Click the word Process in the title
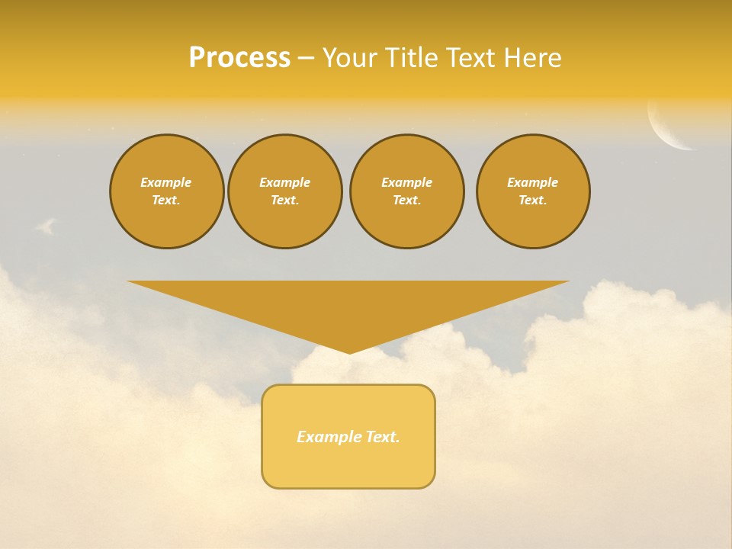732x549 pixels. coord(239,58)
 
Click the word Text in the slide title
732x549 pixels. coord(472,58)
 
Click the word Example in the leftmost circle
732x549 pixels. coord(166,182)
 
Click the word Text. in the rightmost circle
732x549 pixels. coord(533,200)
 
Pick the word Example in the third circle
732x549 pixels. coord(406,182)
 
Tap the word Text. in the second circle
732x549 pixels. coord(284,200)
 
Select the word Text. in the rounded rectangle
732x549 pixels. coord(383,437)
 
